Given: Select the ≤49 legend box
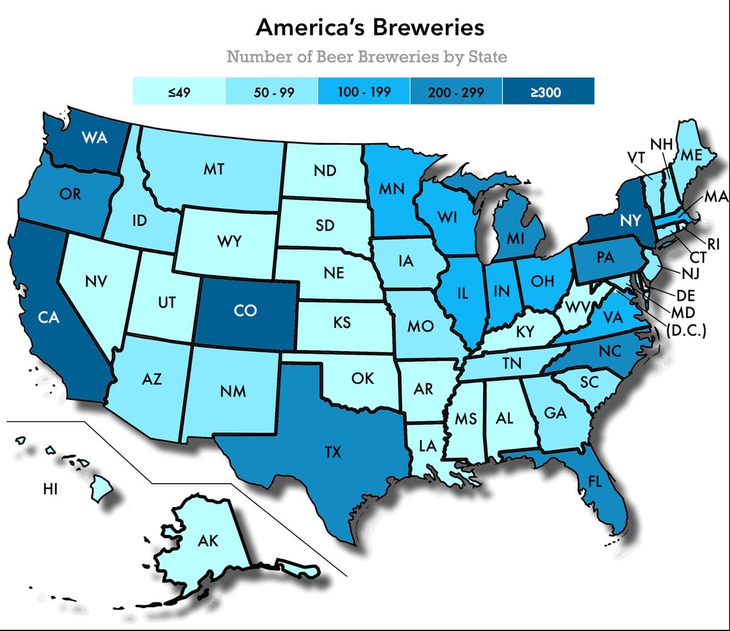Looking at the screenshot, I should click(x=179, y=92).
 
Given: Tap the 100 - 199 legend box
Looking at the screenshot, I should click(x=364, y=92).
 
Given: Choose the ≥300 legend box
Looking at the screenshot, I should click(x=547, y=92).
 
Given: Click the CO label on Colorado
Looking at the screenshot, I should click(x=245, y=311).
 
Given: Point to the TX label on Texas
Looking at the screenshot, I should click(x=333, y=452).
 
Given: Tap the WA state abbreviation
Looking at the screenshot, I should click(x=95, y=138).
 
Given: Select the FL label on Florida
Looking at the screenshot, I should click(x=594, y=482).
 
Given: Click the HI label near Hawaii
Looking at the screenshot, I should click(x=50, y=489).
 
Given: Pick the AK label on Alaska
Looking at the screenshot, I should click(x=208, y=540).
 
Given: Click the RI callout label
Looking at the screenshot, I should click(x=713, y=245).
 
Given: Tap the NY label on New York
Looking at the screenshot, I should click(x=630, y=220).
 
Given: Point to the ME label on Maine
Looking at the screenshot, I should click(x=690, y=155).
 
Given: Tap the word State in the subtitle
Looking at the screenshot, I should click(x=487, y=57).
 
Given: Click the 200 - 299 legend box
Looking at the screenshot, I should click(x=456, y=92).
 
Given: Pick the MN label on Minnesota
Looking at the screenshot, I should click(x=391, y=189).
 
